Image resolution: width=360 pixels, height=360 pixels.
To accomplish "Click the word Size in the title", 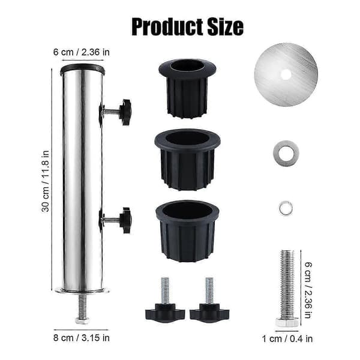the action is tap(225, 27).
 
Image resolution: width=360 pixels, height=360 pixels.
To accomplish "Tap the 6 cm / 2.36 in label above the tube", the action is tap(81, 52).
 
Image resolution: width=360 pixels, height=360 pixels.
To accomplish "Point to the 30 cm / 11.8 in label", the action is tap(45, 181).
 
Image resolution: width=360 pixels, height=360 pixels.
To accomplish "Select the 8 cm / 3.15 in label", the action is tap(81, 338).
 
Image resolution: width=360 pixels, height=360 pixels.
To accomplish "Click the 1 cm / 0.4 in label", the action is tap(287, 338).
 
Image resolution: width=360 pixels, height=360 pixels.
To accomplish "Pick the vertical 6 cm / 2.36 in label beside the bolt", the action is tap(308, 290).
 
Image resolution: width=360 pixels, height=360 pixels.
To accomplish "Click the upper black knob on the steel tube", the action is tap(125, 112).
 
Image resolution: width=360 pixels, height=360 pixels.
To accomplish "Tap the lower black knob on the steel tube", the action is tap(125, 220).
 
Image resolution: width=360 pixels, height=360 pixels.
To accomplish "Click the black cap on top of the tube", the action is tap(82, 69).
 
